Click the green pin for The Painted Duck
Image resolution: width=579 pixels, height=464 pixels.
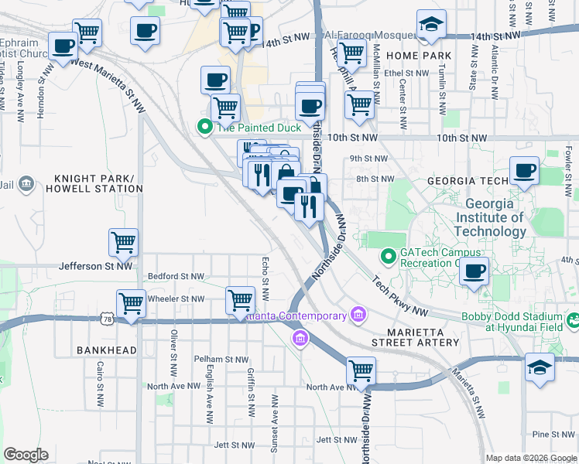click(205, 127)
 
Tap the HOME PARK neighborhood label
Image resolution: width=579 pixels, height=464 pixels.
click(419, 56)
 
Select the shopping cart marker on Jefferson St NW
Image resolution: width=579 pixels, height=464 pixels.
click(123, 243)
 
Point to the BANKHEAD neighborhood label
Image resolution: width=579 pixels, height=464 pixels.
click(106, 350)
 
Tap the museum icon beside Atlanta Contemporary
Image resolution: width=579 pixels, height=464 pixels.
click(358, 315)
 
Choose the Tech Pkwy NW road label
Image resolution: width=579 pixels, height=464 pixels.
click(399, 297)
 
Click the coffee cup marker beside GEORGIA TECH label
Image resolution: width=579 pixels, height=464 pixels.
click(524, 171)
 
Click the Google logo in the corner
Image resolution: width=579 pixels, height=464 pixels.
click(26, 455)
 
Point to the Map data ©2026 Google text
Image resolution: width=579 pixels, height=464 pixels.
click(530, 458)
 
